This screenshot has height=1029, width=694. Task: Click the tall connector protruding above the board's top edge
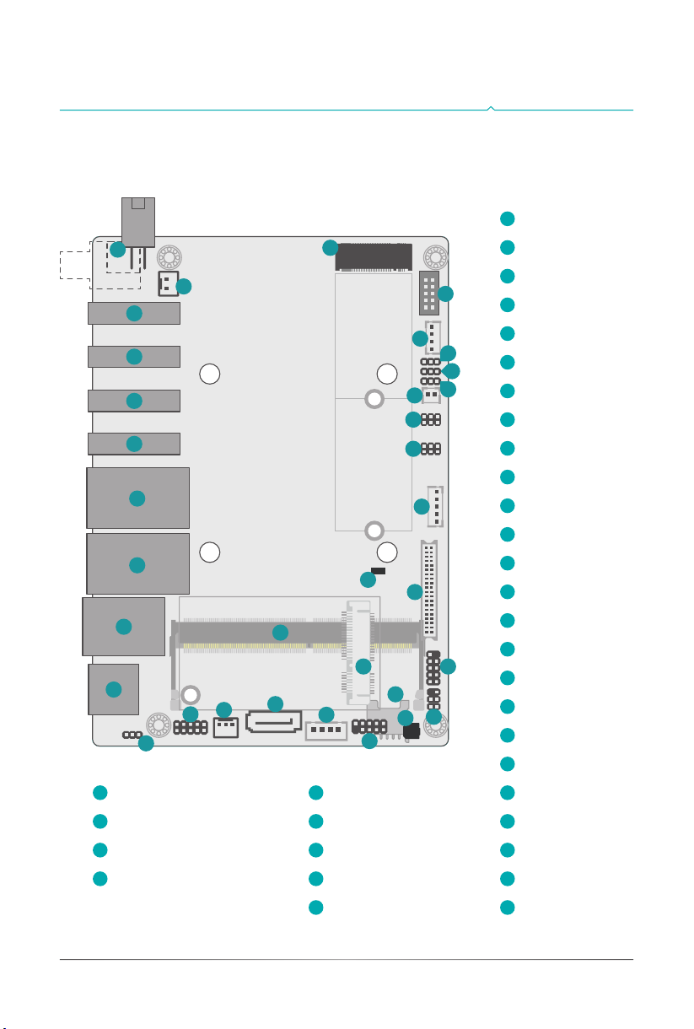137,221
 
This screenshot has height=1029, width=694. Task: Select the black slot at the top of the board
374,256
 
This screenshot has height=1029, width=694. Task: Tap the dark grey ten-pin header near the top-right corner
428,293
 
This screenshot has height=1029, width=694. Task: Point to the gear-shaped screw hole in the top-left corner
169,256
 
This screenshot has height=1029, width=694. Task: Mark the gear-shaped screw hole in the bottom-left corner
158,725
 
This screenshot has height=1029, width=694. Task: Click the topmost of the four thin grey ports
134,314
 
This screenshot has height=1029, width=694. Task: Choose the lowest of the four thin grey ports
134,444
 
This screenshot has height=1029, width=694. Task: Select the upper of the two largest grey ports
137,498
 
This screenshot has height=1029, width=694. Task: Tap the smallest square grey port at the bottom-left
113,689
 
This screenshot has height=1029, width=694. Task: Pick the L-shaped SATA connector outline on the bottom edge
273,721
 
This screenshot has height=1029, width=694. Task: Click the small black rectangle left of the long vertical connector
379,571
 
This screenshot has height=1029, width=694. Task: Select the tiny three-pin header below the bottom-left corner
132,735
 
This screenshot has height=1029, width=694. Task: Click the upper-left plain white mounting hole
210,373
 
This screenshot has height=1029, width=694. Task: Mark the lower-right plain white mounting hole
387,552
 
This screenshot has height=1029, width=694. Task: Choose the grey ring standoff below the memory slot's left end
191,694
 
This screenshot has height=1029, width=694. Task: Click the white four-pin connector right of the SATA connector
326,730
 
